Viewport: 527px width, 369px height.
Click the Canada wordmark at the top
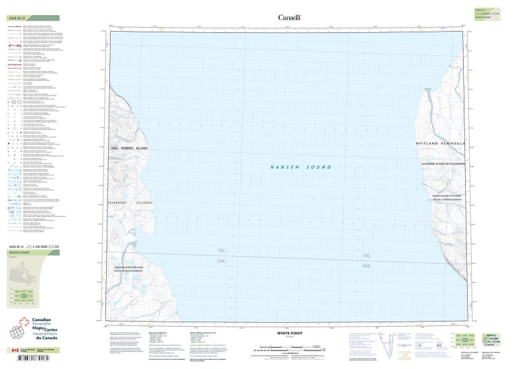tap(289, 18)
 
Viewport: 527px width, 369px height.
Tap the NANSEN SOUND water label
tap(300, 167)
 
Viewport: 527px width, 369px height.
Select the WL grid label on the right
tap(367, 255)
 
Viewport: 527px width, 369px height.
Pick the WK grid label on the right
tap(367, 266)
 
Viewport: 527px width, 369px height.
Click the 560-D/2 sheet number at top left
tap(17, 18)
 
